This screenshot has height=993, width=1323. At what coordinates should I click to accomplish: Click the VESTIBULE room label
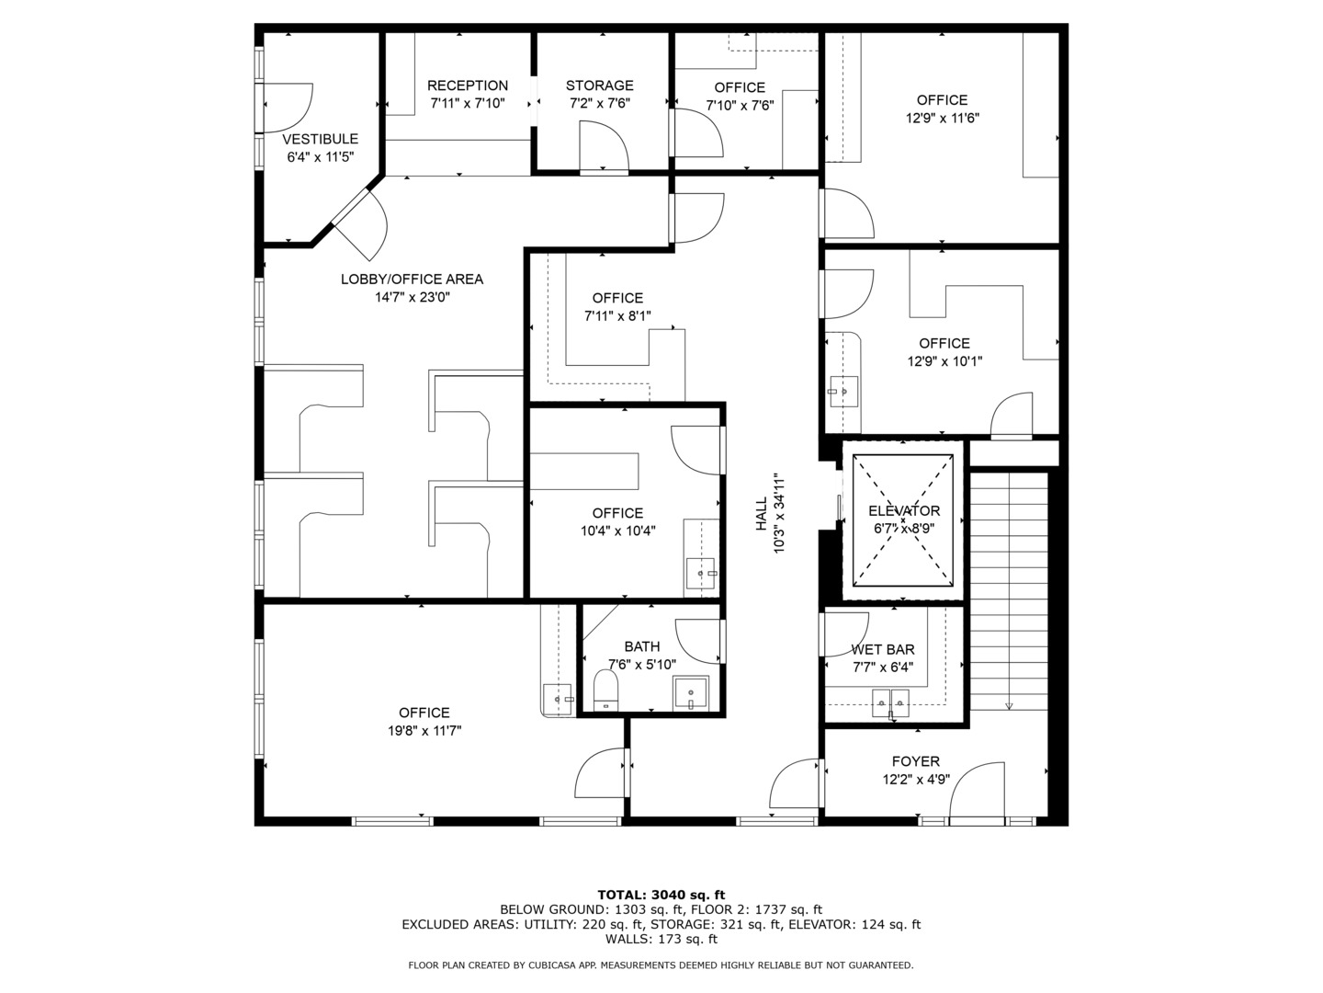click(320, 139)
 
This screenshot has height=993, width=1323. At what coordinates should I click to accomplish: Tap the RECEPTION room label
click(468, 86)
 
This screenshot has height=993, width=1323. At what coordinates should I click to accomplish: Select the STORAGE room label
click(599, 86)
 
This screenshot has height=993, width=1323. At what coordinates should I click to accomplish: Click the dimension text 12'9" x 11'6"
click(942, 118)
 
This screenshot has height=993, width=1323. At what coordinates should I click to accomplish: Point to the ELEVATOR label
click(904, 511)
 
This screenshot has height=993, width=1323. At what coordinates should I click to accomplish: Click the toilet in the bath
click(605, 690)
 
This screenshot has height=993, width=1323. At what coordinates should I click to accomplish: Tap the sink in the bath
click(690, 692)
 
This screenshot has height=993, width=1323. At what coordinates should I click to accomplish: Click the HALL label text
click(762, 514)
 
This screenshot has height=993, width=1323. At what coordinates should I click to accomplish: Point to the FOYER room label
click(915, 761)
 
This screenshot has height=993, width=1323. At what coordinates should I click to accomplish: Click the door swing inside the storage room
click(604, 146)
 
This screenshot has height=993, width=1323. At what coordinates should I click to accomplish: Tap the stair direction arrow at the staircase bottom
click(1009, 705)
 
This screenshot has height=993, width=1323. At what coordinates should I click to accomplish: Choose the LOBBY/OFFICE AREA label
click(412, 280)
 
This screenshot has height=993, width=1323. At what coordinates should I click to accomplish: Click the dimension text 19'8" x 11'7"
click(424, 731)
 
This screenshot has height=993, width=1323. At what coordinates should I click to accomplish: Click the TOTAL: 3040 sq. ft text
click(661, 895)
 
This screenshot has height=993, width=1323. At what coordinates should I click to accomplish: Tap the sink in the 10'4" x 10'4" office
click(702, 574)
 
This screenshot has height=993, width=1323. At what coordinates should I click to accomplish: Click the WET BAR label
click(882, 649)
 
